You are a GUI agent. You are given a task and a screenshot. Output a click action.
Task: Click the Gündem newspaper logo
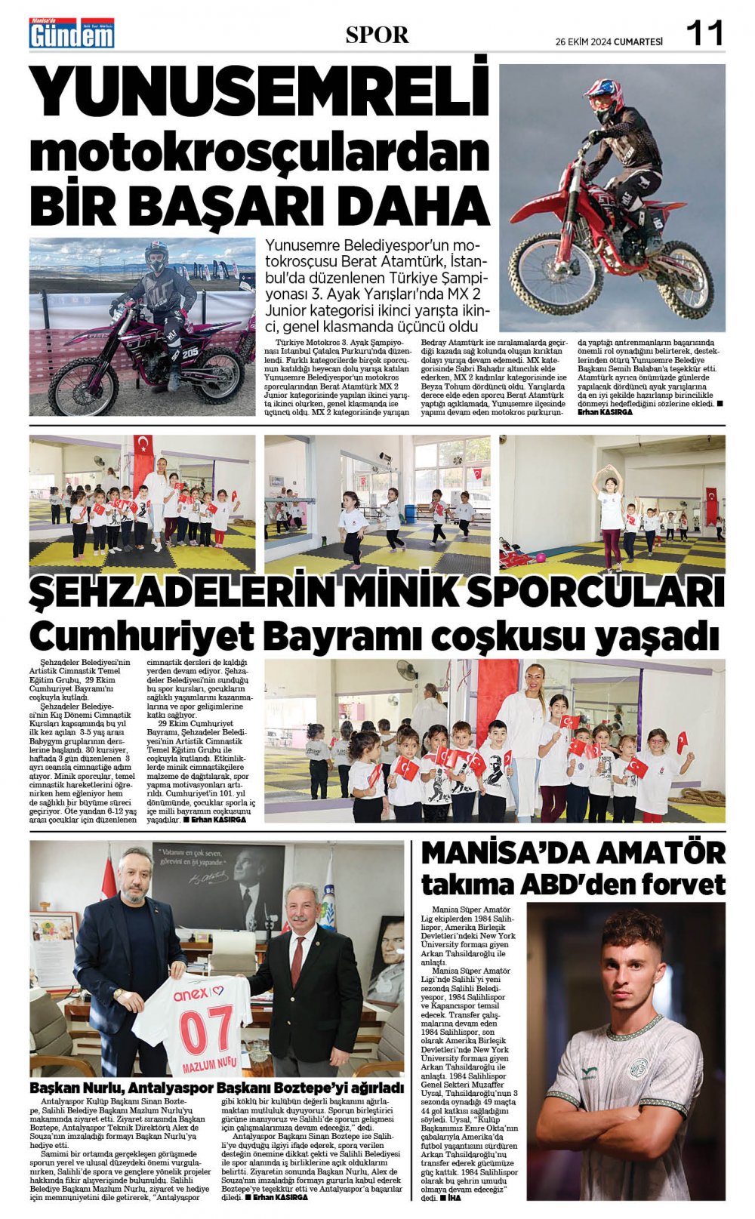pyautogui.click(x=71, y=33)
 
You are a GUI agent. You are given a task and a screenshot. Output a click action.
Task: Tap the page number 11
pyautogui.click(x=704, y=33)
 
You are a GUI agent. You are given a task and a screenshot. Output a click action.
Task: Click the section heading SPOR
pyautogui.click(x=377, y=35)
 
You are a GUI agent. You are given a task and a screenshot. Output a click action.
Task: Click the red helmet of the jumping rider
pyautogui.click(x=603, y=98)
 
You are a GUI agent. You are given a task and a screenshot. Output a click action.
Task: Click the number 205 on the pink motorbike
pyautogui.click(x=192, y=352)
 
